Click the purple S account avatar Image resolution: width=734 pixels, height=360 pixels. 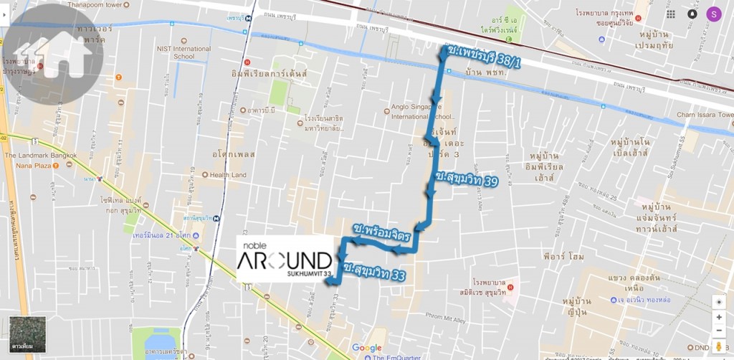(x=713, y=14)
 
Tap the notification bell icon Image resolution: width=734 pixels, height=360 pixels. (x=692, y=14)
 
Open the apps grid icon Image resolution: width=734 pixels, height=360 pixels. (x=670, y=14)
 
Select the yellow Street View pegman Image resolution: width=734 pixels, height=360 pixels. (x=718, y=347)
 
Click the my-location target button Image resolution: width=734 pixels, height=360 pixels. (x=718, y=302)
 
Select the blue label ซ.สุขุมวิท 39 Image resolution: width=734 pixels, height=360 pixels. (x=466, y=179)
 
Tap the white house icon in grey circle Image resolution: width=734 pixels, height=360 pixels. (x=55, y=55)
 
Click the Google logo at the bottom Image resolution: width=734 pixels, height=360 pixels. (x=366, y=348)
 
